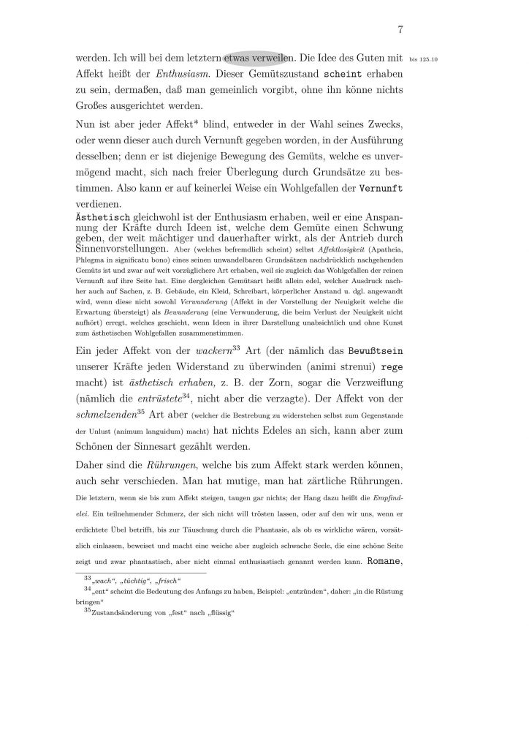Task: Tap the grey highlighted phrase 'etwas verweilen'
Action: click(x=259, y=56)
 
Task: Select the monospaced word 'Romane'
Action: click(x=382, y=562)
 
